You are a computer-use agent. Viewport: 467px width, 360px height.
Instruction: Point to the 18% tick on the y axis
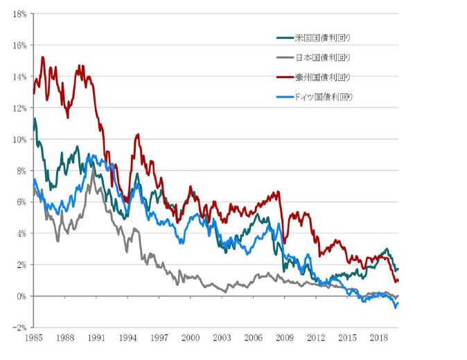(x=20, y=14)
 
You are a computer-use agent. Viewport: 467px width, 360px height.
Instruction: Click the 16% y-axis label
(x=20, y=45)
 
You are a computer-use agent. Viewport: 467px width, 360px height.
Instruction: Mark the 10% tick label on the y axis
(x=20, y=139)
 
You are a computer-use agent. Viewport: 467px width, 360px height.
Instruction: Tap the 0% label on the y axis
(x=22, y=296)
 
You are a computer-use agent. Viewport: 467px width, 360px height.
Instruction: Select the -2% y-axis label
(x=21, y=327)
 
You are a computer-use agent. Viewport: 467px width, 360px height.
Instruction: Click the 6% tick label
(x=22, y=202)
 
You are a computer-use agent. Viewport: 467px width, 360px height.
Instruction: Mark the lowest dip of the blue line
(x=396, y=307)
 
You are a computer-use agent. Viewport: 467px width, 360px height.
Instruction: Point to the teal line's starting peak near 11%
(x=35, y=119)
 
